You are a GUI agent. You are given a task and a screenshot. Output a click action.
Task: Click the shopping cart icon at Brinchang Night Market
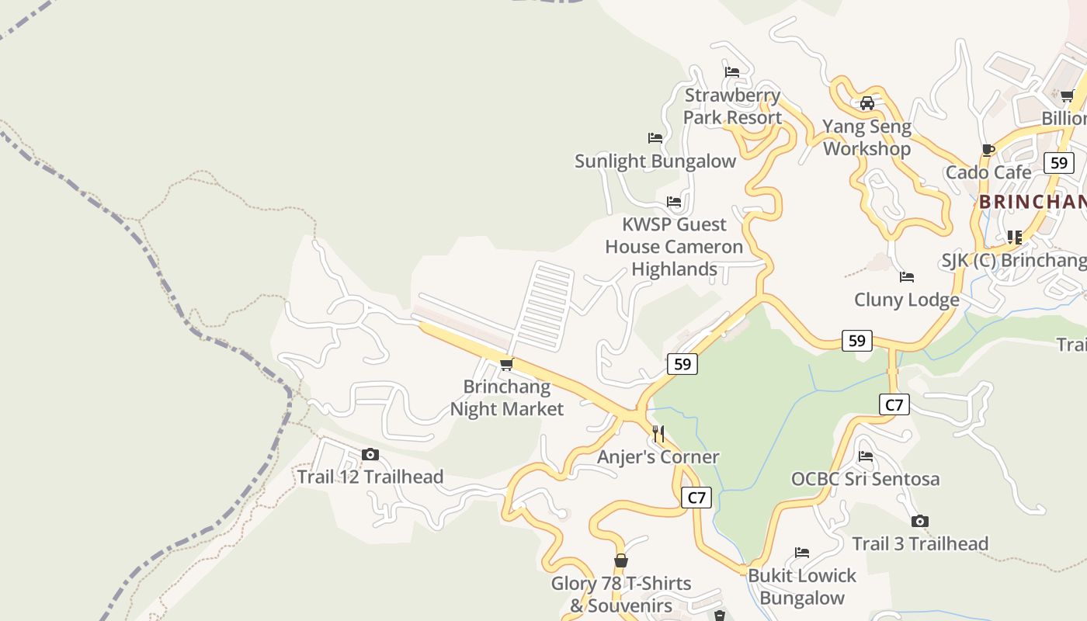(506, 364)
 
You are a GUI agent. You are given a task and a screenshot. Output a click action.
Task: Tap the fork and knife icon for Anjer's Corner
(658, 433)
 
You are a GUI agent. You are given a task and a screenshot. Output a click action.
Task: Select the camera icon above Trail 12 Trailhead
(370, 455)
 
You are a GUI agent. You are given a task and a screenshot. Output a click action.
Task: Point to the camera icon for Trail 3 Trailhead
(920, 521)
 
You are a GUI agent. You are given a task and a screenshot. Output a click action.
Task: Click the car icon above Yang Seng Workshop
(867, 103)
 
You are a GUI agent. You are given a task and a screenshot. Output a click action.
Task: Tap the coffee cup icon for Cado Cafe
(988, 150)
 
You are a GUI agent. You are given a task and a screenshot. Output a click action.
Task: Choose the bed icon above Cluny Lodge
(906, 277)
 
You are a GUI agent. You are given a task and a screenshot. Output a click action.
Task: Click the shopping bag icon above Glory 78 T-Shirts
(620, 560)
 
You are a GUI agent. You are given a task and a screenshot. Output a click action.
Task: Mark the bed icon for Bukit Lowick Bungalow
(802, 553)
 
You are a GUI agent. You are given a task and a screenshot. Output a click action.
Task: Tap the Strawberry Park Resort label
(732, 107)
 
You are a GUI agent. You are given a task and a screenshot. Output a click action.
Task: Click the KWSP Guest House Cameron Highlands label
(674, 247)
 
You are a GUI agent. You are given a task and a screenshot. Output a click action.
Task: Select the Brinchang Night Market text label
(507, 397)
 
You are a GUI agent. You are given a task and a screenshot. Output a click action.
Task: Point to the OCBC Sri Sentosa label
(865, 479)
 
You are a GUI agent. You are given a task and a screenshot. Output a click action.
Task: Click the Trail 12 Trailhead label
(370, 477)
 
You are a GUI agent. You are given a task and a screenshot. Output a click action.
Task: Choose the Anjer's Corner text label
(658, 457)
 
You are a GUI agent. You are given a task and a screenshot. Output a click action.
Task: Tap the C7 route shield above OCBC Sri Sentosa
(894, 404)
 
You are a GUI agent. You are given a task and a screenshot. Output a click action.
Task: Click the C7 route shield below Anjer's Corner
(696, 498)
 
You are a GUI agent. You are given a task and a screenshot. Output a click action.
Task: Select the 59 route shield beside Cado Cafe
(1059, 163)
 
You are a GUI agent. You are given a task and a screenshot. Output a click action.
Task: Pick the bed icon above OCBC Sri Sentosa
(866, 456)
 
